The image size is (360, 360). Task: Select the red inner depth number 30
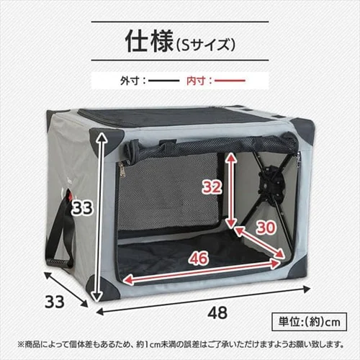pyautogui.click(x=266, y=227)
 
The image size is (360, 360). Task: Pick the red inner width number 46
pyautogui.click(x=199, y=257)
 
